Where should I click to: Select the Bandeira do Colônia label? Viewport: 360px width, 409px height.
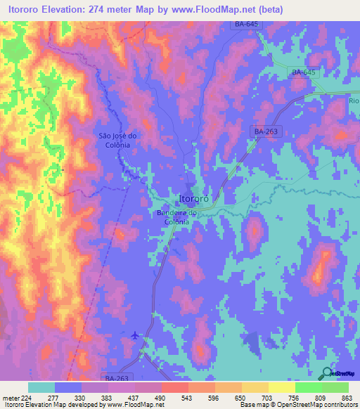(x=172, y=217)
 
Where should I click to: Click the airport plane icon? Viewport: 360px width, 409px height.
(x=135, y=335)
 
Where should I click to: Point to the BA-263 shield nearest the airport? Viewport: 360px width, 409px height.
(x=116, y=377)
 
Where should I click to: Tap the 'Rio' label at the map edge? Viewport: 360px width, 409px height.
(x=353, y=101)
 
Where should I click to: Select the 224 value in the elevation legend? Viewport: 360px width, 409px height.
(x=28, y=397)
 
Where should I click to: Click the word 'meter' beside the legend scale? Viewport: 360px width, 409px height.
(x=10, y=397)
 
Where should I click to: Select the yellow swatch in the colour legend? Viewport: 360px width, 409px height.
(x=281, y=387)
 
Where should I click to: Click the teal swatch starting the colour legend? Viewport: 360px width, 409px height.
(x=41, y=387)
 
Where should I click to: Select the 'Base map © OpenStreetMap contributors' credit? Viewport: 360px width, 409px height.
(x=298, y=405)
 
